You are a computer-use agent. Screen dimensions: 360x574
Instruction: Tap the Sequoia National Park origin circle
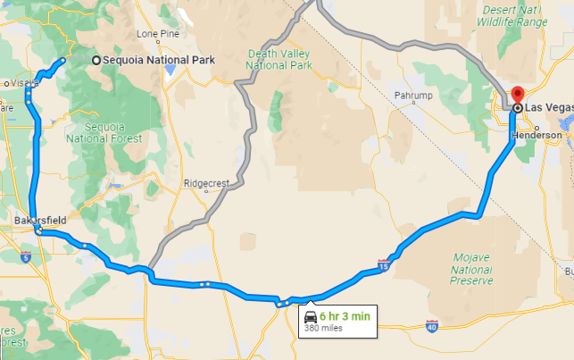pyautogui.click(x=96, y=60)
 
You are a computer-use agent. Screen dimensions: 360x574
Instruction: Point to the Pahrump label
pyautogui.click(x=411, y=94)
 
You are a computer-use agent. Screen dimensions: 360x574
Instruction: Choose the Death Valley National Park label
pyautogui.click(x=279, y=59)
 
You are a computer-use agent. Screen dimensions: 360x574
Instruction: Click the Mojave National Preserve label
pyautogui.click(x=472, y=268)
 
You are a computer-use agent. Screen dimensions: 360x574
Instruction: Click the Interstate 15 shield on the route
pyautogui.click(x=384, y=266)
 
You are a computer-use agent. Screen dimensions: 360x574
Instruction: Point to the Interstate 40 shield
pyautogui.click(x=432, y=327)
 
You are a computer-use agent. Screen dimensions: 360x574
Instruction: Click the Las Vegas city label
pyautogui.click(x=548, y=107)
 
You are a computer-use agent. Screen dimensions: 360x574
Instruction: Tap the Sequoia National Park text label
pyautogui.click(x=160, y=60)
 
